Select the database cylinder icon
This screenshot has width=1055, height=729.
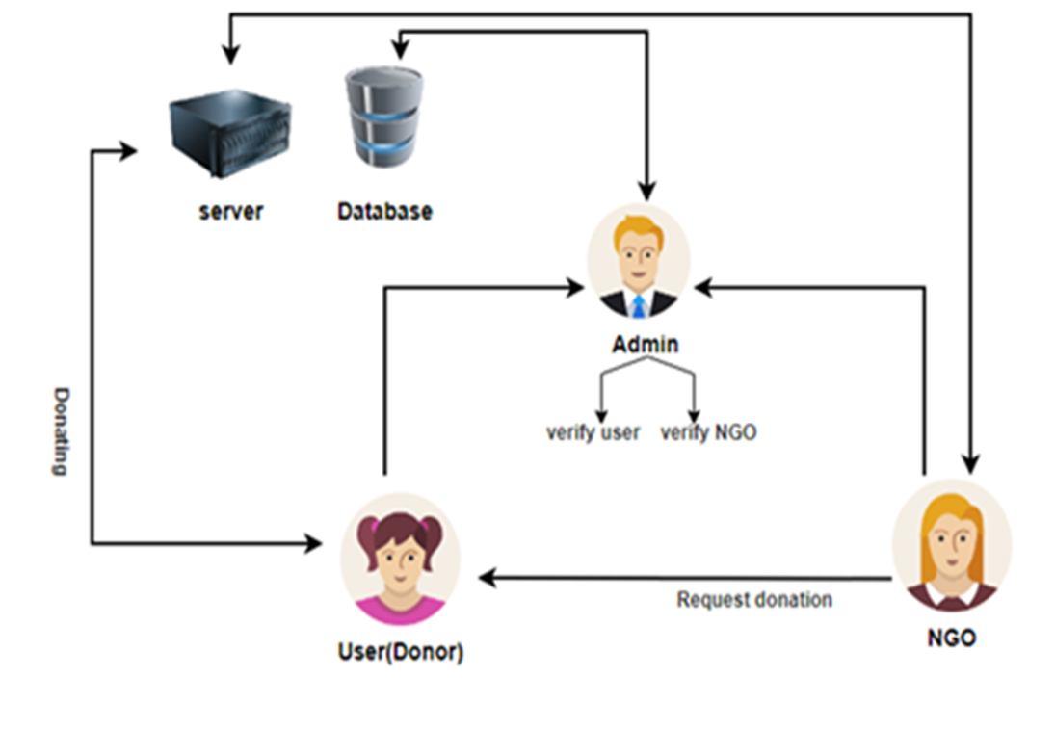(384, 117)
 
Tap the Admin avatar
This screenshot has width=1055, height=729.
(639, 261)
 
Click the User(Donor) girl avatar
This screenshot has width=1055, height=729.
(401, 560)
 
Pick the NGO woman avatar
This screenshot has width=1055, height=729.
(951, 545)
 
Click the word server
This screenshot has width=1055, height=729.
(231, 211)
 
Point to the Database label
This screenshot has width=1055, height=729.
(384, 211)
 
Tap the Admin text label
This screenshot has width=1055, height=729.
(646, 345)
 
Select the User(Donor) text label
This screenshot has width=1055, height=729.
(401, 652)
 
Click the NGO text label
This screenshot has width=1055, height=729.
(951, 638)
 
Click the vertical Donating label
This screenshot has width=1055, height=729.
(62, 431)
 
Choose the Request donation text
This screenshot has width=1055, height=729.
(754, 599)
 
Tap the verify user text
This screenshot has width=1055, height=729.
(593, 431)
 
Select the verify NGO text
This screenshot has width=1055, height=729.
(708, 431)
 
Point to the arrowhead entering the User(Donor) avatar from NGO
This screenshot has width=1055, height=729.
(488, 578)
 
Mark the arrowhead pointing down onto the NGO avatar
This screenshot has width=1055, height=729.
(970, 463)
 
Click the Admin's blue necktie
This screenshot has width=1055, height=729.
(638, 306)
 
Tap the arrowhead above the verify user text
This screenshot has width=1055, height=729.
(601, 416)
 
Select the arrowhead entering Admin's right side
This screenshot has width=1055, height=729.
(703, 288)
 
